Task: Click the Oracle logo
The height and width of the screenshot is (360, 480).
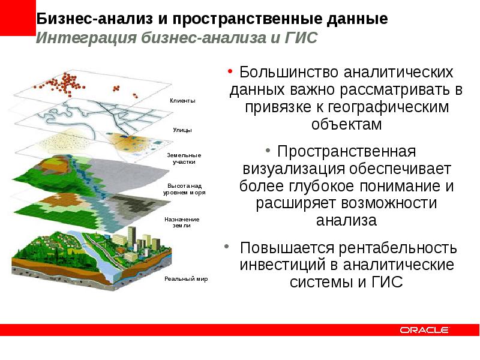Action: click(x=425, y=329)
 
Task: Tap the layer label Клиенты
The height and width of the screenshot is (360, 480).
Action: click(x=182, y=101)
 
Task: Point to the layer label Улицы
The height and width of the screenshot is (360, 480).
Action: click(x=182, y=129)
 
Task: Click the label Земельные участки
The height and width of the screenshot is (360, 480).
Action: click(x=184, y=158)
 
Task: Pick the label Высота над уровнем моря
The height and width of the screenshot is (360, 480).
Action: click(x=184, y=190)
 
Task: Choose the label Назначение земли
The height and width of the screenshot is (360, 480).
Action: click(x=182, y=223)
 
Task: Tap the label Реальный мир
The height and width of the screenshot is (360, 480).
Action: click(x=186, y=279)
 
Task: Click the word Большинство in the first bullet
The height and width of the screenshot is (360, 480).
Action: click(x=288, y=73)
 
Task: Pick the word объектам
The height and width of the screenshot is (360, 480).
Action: click(x=347, y=125)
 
